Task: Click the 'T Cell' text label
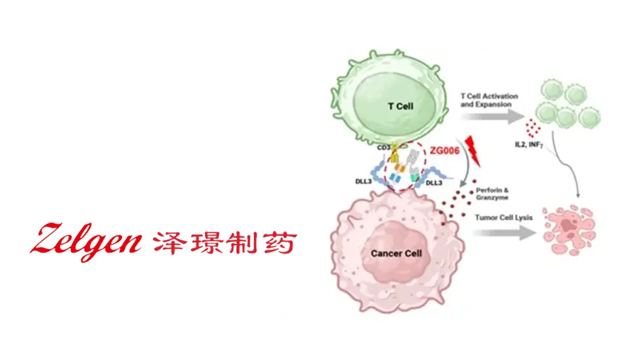401,107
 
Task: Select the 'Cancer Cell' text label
396,253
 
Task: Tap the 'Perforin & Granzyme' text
492,194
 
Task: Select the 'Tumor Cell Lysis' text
504,218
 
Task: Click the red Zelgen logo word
86,240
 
